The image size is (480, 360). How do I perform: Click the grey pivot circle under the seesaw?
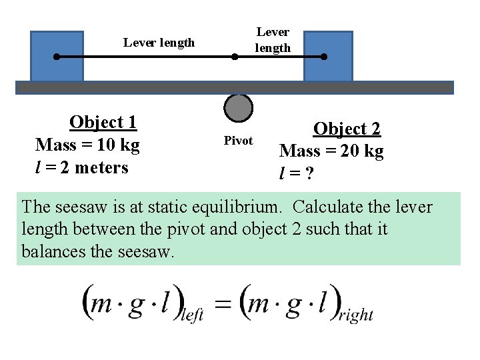tap(238, 109)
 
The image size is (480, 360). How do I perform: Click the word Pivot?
tap(238, 141)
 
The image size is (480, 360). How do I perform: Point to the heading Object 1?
tap(103, 122)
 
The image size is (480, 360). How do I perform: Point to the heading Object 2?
tap(347, 129)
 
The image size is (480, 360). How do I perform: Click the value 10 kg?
tap(117, 145)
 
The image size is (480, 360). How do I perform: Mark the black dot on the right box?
tap(324, 57)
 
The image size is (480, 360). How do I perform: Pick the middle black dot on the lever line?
tap(234, 57)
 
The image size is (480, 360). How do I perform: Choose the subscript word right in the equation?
tap(356, 315)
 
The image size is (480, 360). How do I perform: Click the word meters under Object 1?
tap(101, 167)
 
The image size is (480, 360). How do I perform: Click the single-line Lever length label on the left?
tap(159, 43)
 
